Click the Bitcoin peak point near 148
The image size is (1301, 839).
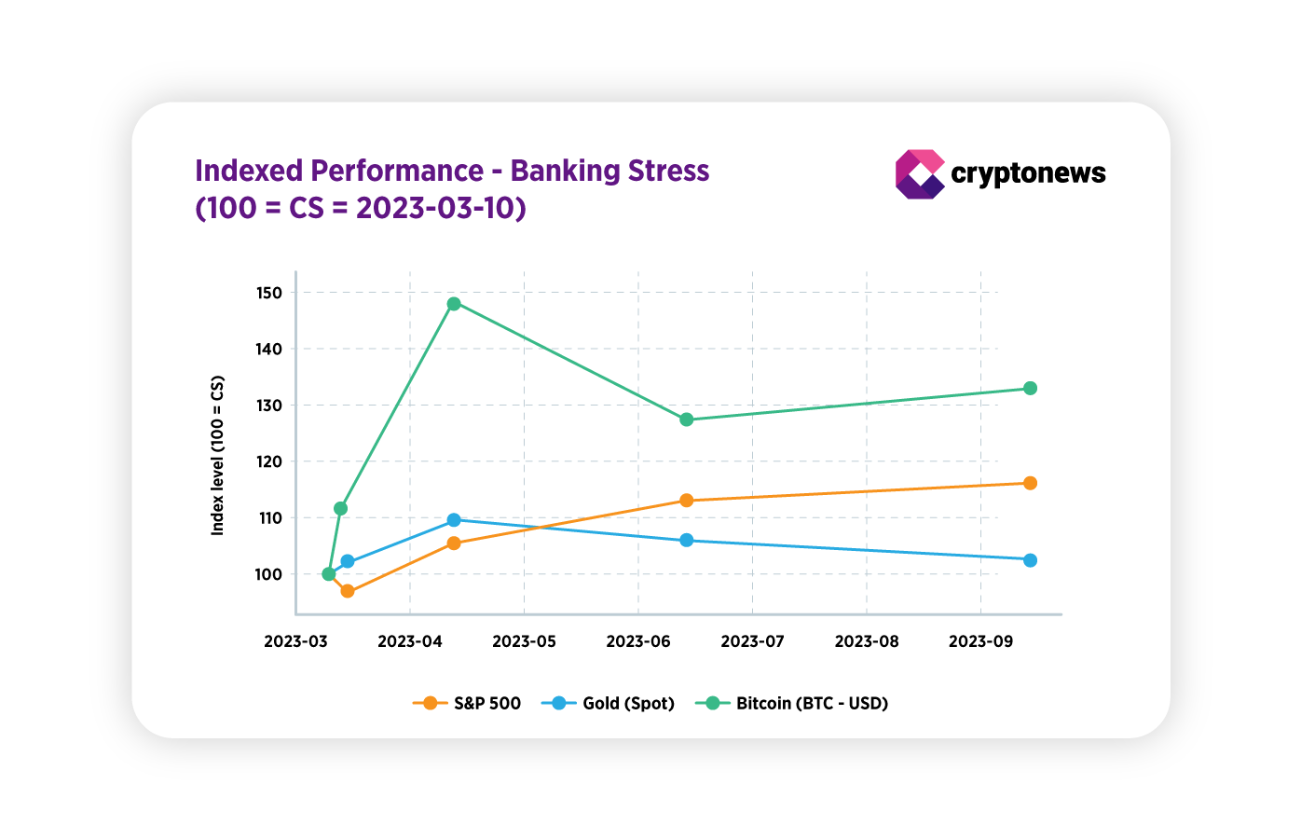[454, 304]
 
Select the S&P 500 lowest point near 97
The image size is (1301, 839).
[348, 591]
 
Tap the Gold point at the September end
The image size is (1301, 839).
[1030, 560]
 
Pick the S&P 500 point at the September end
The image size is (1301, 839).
[1030, 483]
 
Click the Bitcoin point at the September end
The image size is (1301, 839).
[1030, 388]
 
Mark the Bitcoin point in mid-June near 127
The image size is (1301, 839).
[687, 419]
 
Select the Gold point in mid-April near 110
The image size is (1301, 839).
[454, 520]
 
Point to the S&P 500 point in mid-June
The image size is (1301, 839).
[687, 501]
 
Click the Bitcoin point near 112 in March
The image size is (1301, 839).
[341, 509]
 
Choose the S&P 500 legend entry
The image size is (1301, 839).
[467, 703]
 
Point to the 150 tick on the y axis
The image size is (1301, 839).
[268, 293]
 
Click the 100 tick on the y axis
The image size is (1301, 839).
[268, 574]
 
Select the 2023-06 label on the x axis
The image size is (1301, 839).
[638, 641]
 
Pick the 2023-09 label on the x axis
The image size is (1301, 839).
[980, 641]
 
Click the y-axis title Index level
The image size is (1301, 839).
[218, 455]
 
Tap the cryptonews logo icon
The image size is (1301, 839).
[919, 174]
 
